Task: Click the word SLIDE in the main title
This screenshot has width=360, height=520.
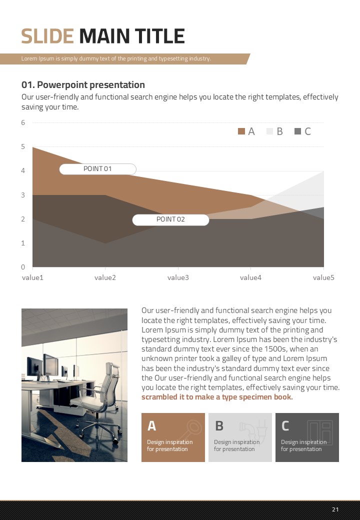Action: click(47, 36)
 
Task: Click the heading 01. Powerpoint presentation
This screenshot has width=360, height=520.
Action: click(83, 84)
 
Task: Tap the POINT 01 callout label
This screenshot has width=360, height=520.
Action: click(97, 169)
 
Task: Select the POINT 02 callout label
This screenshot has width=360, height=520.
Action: click(170, 219)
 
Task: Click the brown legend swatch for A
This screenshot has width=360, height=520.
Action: click(241, 131)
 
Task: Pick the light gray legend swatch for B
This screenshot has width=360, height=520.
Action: click(270, 131)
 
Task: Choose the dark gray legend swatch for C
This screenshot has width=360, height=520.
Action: click(298, 131)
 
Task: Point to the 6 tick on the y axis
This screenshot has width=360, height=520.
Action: click(23, 122)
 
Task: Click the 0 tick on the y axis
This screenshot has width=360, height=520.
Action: click(23, 267)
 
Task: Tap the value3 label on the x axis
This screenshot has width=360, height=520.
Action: click(178, 277)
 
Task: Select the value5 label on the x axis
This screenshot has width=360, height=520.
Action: click(323, 277)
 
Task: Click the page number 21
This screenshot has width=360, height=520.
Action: click(335, 509)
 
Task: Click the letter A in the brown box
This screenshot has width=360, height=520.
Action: click(152, 426)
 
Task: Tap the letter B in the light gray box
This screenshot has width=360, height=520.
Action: click(219, 426)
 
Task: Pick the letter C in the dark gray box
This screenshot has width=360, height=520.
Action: click(285, 426)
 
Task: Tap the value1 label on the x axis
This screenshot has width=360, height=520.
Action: click(32, 277)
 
